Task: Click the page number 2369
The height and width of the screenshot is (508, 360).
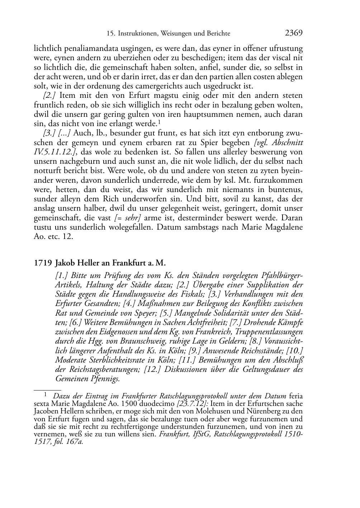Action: tap(294, 33)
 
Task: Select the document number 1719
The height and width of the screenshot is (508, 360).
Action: tap(42, 263)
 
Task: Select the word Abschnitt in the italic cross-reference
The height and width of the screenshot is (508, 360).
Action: tap(287, 142)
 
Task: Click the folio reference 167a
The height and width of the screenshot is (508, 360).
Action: tap(76, 441)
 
